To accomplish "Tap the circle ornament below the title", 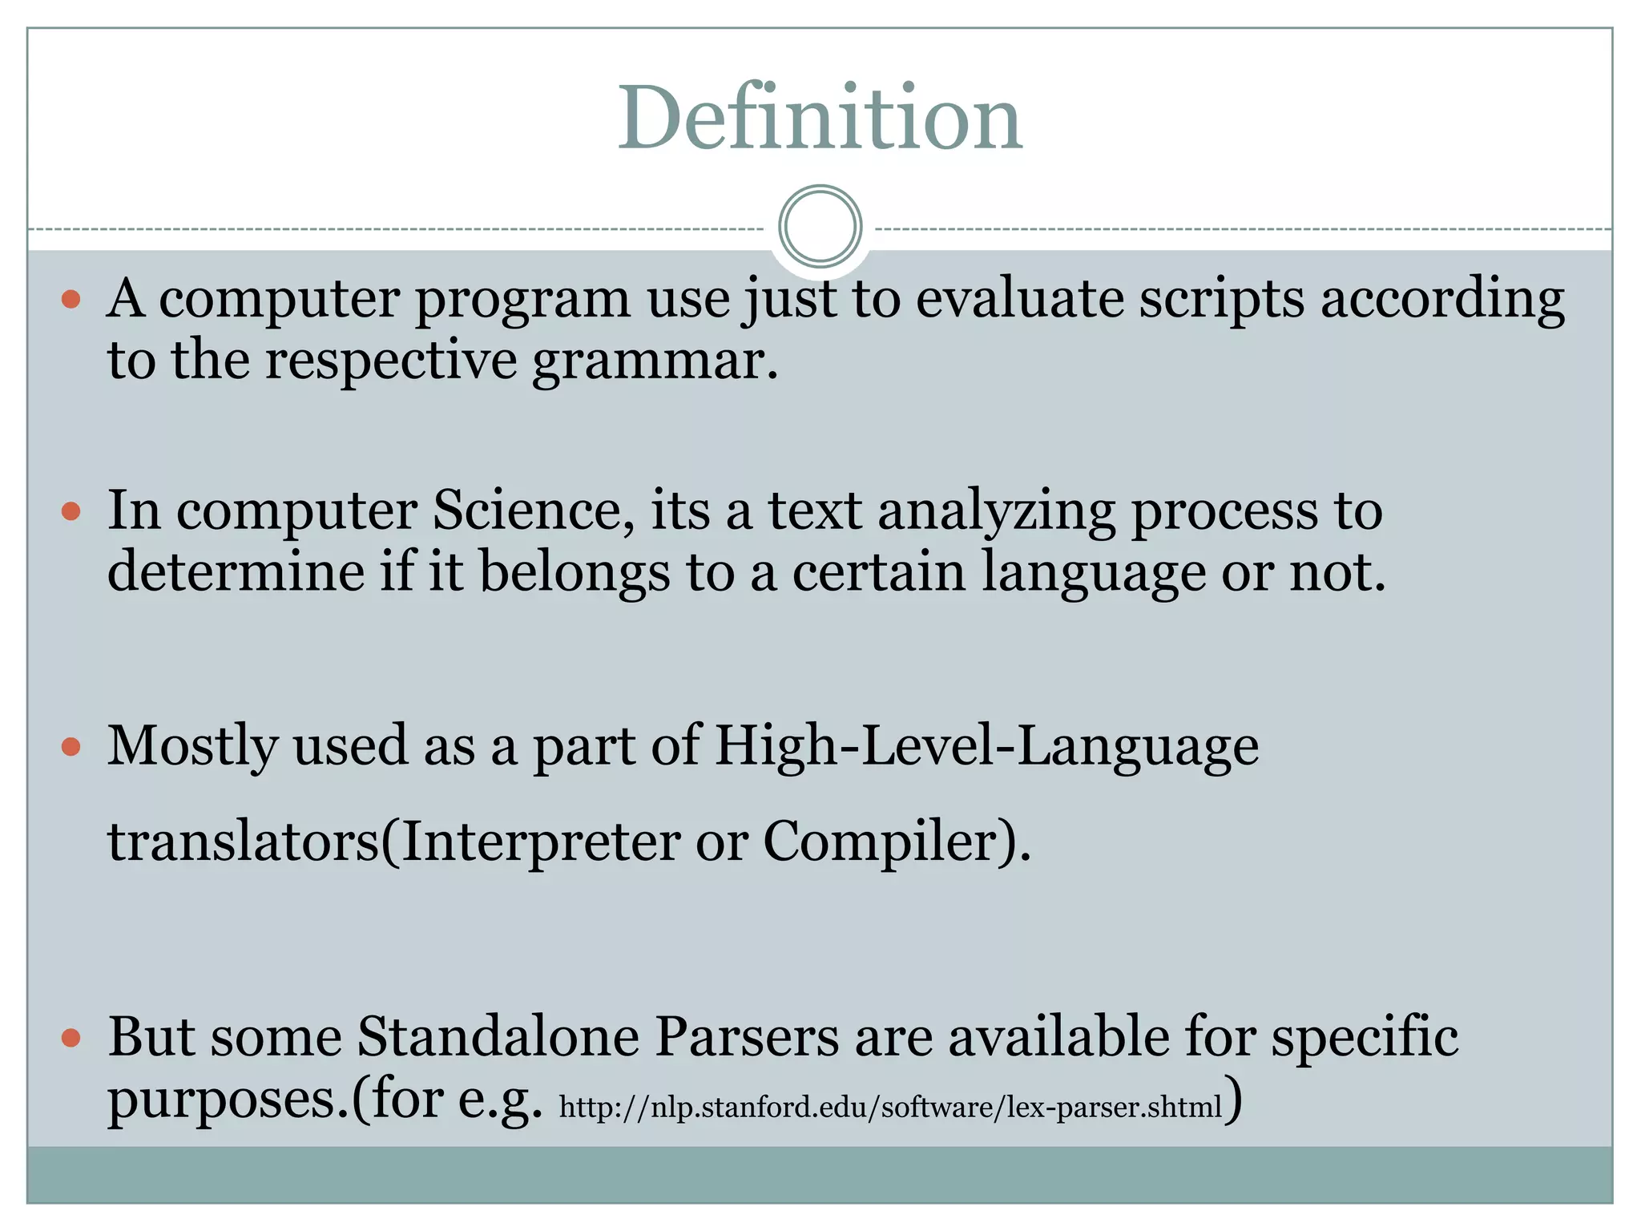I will (820, 226).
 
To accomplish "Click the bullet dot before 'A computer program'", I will (71, 300).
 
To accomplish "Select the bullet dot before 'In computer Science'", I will (71, 511).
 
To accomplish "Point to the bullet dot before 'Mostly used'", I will (71, 747).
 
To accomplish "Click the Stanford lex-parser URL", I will (890, 1107).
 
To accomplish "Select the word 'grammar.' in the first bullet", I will (655, 361).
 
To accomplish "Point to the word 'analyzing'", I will (996, 511).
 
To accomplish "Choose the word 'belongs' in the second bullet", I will (575, 572).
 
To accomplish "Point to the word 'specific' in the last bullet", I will (1365, 1038).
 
